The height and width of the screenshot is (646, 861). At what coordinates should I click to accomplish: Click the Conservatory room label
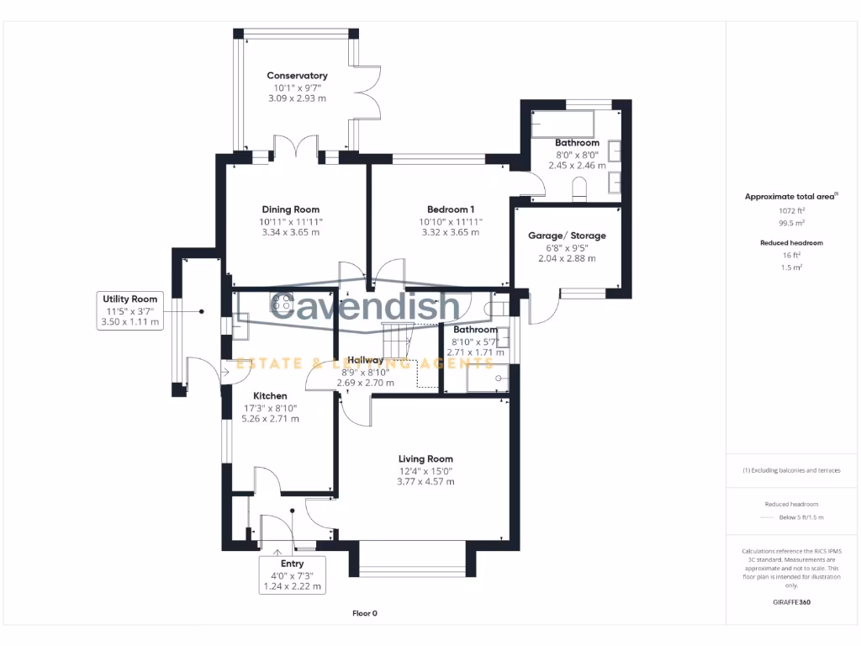(297, 76)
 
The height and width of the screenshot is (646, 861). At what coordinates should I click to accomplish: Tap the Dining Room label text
(290, 209)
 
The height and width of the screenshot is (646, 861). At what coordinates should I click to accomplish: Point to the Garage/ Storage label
(567, 236)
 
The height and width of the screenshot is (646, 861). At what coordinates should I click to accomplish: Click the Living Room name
(425, 459)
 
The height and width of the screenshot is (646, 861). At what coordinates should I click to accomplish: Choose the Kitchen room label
(270, 396)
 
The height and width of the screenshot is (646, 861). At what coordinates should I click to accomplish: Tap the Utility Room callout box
(130, 310)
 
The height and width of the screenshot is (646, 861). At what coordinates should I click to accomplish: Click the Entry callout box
(292, 575)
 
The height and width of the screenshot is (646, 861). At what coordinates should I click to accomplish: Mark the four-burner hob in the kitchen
(282, 300)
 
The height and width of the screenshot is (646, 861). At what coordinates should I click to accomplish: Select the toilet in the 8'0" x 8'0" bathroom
(579, 188)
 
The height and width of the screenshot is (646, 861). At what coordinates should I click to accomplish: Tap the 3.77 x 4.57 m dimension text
(425, 482)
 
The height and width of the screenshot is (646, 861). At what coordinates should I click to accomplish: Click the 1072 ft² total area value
(790, 211)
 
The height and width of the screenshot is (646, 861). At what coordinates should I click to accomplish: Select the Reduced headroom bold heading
(791, 242)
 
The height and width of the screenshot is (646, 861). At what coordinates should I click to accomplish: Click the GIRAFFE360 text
(791, 602)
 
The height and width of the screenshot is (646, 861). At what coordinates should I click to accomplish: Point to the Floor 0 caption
(364, 613)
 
